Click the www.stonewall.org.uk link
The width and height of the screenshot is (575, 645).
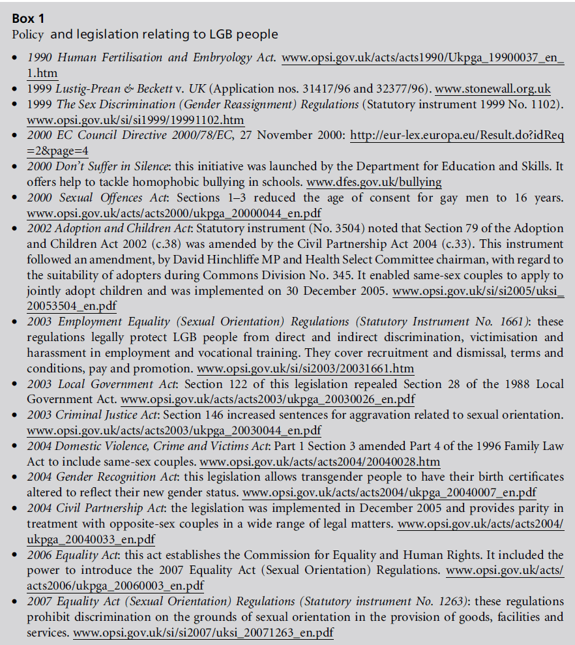pyautogui.click(x=492, y=89)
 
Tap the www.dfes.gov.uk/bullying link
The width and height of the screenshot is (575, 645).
pyautogui.click(x=374, y=182)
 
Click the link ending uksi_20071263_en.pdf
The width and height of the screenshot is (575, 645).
pyautogui.click(x=203, y=633)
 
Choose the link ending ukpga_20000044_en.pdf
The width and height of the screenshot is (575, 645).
pyautogui.click(x=174, y=213)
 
